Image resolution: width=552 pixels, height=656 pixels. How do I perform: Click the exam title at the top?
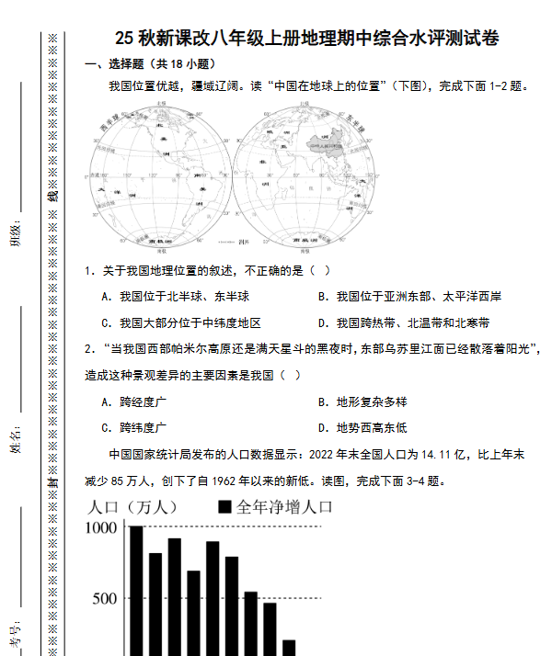(x=309, y=39)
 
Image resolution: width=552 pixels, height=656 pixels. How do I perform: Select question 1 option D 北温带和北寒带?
(x=404, y=322)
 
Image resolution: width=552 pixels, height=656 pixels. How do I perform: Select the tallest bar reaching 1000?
(x=136, y=588)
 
